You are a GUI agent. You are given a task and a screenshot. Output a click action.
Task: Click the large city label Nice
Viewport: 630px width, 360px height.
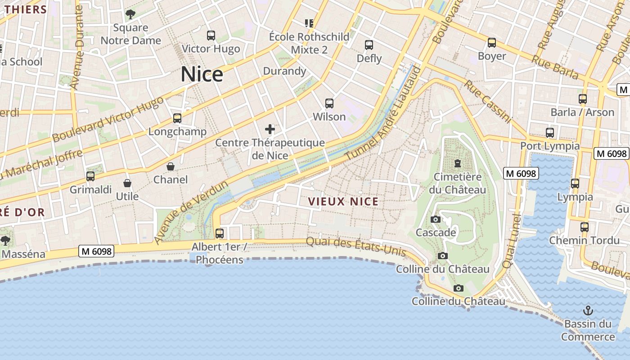point(202,74)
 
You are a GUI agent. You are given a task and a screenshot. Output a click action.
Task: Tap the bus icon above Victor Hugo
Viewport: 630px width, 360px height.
point(211,36)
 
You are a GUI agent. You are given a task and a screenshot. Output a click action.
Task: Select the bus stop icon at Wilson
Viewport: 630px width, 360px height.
point(329,103)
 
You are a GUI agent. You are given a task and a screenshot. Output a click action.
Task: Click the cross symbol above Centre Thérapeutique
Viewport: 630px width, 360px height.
point(270,130)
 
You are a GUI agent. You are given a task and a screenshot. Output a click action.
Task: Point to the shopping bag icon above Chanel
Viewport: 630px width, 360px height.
point(171,167)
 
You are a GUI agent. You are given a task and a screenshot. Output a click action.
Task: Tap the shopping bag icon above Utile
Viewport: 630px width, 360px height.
point(127,184)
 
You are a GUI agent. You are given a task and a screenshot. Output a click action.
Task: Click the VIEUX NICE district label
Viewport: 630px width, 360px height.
point(343,202)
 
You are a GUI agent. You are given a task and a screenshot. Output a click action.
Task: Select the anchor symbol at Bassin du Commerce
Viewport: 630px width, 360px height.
point(588,310)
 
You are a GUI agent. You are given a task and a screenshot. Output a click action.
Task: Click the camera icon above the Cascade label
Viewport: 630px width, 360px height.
point(435,220)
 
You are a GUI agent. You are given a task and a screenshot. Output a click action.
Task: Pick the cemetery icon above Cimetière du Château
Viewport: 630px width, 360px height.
point(458,163)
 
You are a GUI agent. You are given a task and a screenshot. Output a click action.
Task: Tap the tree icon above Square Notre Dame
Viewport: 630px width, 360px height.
point(130,14)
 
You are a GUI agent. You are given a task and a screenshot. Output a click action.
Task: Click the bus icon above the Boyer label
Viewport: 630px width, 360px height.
point(492,43)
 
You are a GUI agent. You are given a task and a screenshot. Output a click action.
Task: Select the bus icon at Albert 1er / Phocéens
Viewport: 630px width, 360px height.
point(220,234)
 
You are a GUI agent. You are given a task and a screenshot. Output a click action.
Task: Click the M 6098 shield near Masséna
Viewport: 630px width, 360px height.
point(96,251)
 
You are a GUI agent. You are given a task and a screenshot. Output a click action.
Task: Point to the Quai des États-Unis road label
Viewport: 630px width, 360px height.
point(356,246)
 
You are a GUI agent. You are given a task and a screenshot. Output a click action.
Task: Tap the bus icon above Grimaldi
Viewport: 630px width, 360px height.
point(90,176)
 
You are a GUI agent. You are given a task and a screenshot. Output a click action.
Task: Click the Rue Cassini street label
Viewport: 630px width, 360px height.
point(488,102)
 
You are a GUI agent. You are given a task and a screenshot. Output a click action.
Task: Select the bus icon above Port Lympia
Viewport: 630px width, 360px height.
point(549,133)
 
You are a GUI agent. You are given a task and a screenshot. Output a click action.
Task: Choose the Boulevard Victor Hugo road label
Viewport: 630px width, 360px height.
point(108,119)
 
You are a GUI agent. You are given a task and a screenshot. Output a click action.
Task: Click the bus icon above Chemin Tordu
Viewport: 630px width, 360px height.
point(584,227)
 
